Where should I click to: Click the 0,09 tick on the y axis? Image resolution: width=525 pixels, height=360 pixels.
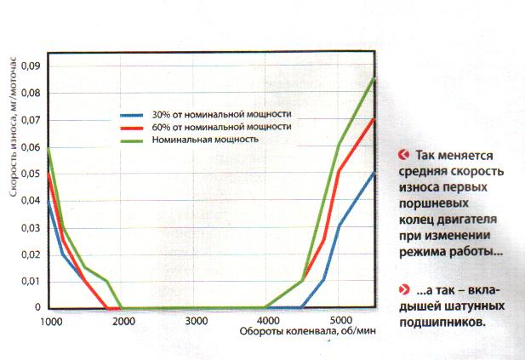coord(31,66)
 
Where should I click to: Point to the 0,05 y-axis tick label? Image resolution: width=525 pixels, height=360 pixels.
coord(31,174)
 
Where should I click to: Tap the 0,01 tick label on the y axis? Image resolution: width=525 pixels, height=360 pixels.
coord(31,282)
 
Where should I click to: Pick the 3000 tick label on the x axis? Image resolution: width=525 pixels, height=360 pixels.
coord(197,321)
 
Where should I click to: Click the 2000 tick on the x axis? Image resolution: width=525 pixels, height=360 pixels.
coord(124,321)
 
